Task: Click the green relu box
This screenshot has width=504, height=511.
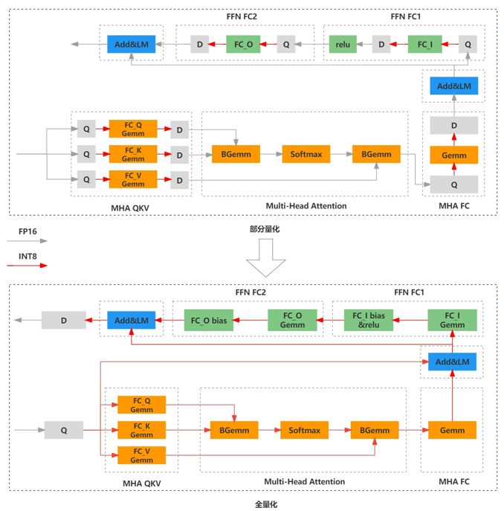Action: click(343, 45)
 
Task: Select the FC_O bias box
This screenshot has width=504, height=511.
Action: click(209, 321)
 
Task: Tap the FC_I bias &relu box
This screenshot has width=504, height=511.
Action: click(369, 321)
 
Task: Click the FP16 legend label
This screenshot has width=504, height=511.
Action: click(28, 232)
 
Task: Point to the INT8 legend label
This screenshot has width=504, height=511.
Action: click(28, 257)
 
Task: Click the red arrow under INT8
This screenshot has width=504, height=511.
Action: click(32, 266)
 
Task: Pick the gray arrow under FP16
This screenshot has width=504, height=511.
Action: click(32, 241)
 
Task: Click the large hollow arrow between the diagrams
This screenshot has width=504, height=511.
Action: click(265, 257)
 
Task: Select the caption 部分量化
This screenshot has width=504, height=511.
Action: click(265, 230)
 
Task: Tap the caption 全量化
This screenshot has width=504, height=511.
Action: click(265, 504)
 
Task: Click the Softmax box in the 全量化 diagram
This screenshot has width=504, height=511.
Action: click(304, 430)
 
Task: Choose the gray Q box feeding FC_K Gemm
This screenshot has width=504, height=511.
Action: click(86, 155)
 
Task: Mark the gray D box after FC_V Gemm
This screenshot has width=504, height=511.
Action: click(179, 180)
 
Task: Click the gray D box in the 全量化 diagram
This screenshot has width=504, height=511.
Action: click(64, 321)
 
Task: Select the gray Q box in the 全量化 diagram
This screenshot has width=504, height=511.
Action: click(64, 430)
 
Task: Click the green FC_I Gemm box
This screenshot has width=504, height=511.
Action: click(452, 321)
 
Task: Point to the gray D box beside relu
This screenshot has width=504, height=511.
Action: click(381, 45)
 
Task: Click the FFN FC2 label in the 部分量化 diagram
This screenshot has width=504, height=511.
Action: click(242, 16)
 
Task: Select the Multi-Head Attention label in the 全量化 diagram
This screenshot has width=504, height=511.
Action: click(305, 482)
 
